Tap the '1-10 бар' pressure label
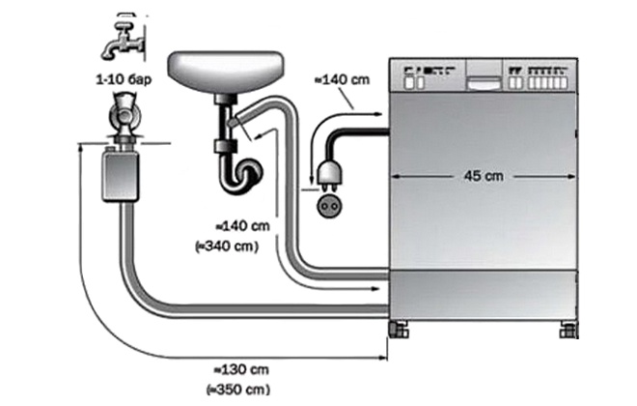124,79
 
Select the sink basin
226,72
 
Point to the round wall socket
329,206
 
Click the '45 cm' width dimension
484,176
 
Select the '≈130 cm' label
241,370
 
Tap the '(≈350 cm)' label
238,390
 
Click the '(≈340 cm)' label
227,246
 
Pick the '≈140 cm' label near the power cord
343,79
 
